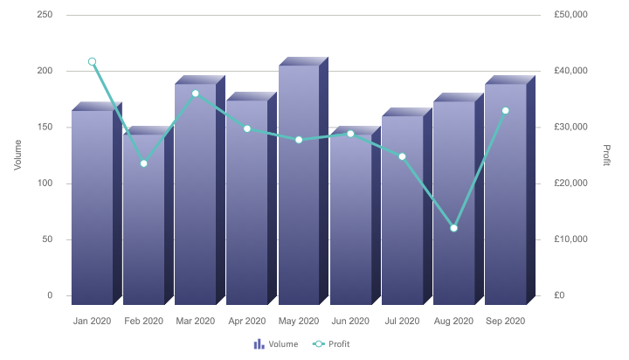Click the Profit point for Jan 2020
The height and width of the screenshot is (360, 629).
pos(92,62)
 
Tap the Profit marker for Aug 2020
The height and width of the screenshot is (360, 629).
pos(453,228)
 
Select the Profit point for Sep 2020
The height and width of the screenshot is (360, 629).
pos(505,110)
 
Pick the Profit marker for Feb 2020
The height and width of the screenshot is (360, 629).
pos(143,163)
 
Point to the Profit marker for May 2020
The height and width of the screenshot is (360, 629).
pos(299,140)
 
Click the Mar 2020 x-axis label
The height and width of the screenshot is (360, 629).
pos(195,322)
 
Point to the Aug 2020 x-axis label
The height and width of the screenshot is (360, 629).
pos(453,322)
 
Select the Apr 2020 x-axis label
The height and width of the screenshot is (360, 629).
pos(246,322)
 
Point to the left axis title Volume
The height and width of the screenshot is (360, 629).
pos(17,155)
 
